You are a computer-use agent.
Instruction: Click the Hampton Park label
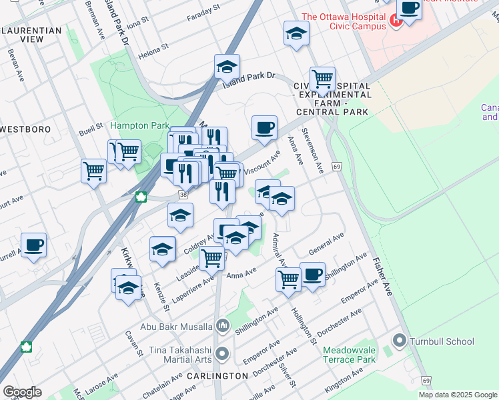pos(139,125)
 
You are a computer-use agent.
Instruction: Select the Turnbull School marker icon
pos(400,341)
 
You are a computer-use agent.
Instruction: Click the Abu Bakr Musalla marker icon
pos(223,327)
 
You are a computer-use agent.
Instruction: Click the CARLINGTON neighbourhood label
pos(217,376)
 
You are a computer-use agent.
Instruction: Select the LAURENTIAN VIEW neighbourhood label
pos(31,35)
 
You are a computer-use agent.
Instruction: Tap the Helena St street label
pos(153,51)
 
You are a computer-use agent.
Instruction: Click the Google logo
pos(22,392)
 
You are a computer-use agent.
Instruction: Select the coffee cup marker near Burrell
pos(33,244)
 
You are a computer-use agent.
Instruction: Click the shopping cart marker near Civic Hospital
pos(322,78)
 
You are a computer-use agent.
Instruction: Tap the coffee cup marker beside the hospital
pos(409,9)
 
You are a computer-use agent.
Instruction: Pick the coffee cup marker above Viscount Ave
pos(264,126)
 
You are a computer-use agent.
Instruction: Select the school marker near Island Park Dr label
pos(227,67)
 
